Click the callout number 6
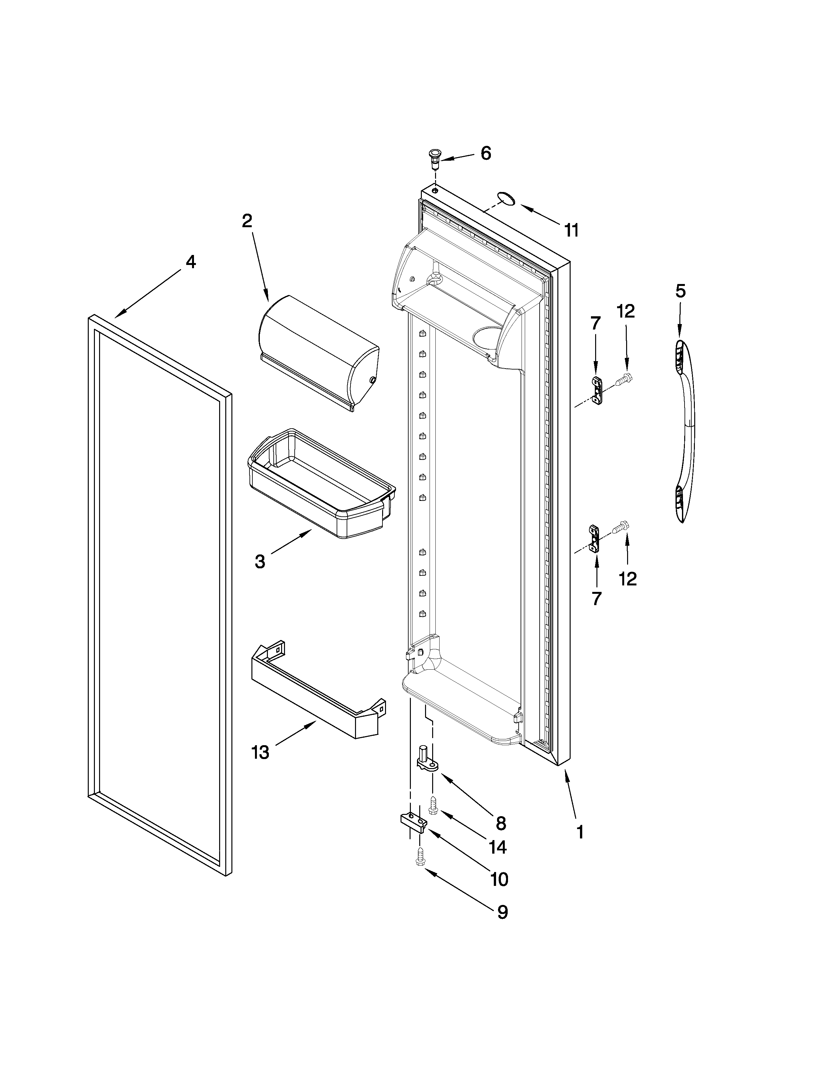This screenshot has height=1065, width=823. click(486, 154)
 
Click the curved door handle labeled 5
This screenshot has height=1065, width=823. click(685, 431)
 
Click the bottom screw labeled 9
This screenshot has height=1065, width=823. click(419, 861)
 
